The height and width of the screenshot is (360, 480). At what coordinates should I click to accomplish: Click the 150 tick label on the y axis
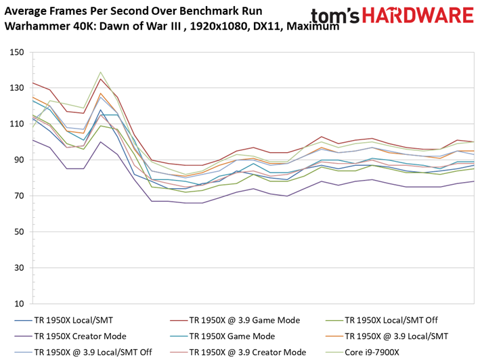point(16,52)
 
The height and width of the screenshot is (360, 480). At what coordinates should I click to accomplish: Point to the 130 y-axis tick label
point(16,88)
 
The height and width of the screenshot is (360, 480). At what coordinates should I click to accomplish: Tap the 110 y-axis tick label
point(16,124)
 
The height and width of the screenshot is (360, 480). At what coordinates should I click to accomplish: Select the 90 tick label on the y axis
point(19,160)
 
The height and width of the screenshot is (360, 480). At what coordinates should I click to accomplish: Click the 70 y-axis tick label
point(19,196)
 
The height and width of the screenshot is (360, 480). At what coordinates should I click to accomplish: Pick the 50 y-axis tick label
point(19,232)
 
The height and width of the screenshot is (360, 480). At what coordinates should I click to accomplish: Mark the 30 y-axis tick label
point(19,267)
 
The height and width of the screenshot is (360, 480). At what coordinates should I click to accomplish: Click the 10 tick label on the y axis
point(19,304)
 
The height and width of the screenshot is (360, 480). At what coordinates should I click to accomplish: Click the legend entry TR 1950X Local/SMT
point(64,320)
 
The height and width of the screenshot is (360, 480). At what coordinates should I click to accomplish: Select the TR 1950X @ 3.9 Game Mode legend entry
point(235,320)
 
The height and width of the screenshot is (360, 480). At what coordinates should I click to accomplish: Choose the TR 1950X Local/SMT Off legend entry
point(382,320)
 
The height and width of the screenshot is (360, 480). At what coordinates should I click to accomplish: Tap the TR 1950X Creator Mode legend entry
point(70,336)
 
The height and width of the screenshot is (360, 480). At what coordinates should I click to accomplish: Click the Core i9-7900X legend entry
point(362,352)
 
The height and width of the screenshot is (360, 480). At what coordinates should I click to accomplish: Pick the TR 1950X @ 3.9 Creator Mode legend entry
point(238,352)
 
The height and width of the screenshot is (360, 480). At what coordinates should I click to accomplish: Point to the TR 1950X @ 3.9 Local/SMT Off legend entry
point(83,352)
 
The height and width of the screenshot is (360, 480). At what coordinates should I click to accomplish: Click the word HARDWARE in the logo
point(418,16)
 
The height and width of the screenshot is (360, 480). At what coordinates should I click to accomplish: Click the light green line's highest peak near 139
point(100,72)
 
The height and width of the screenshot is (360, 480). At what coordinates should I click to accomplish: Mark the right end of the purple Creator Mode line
point(474,181)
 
